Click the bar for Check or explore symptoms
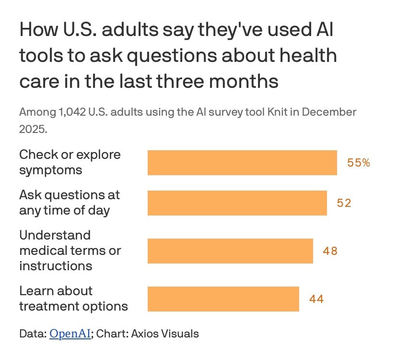tap(242, 163)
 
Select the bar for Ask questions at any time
tap(237, 203)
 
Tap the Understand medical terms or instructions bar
tap(230, 251)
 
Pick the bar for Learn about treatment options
tap(223, 299)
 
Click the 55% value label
tap(359, 163)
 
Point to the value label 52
tap(344, 203)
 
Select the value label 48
tap(330, 251)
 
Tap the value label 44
tap(316, 299)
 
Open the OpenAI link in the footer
tap(70, 334)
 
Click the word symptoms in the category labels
tap(50, 170)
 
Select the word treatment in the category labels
tap(50, 306)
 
